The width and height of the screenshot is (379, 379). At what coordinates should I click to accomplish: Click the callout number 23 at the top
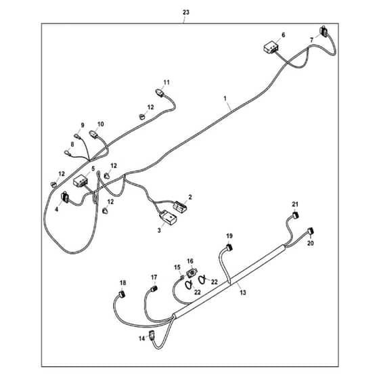pyautogui.click(x=185, y=12)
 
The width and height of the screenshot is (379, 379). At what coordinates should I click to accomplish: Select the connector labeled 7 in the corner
pyautogui.click(x=324, y=30)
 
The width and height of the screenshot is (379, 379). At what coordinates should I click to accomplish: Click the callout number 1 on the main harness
pyautogui.click(x=225, y=98)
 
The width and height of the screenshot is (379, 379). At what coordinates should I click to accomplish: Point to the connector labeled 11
pyautogui.click(x=159, y=92)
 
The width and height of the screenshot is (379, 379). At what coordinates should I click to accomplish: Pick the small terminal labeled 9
pyautogui.click(x=77, y=136)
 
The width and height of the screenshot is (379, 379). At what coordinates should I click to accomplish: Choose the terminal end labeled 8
pyautogui.click(x=67, y=153)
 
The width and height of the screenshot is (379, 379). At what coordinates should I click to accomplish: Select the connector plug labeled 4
pyautogui.click(x=65, y=197)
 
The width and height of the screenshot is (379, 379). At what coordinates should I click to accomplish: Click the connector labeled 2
pyautogui.click(x=181, y=206)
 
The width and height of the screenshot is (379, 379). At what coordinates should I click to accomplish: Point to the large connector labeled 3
pyautogui.click(x=168, y=217)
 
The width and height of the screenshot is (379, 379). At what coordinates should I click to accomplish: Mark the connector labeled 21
pyautogui.click(x=295, y=215)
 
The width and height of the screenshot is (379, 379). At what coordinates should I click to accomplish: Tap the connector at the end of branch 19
pyautogui.click(x=229, y=248)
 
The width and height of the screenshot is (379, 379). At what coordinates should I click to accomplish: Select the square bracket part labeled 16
pyautogui.click(x=192, y=273)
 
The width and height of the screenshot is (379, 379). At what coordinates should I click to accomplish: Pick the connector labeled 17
pyautogui.click(x=154, y=288)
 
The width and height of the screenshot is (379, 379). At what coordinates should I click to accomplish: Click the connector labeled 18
pyautogui.click(x=122, y=294)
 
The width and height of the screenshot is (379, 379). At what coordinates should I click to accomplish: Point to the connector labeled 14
pyautogui.click(x=152, y=336)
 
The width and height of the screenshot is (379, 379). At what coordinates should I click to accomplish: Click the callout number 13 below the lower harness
pyautogui.click(x=243, y=292)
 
